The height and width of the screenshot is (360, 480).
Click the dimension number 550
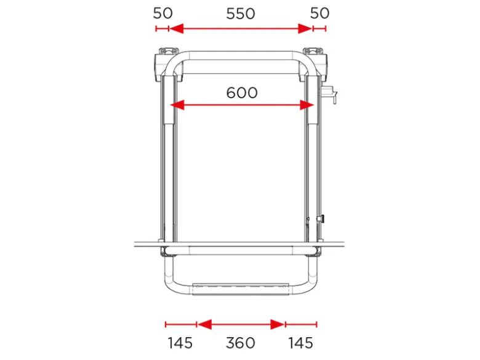(x=240, y=14)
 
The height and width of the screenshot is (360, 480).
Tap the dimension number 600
(x=242, y=93)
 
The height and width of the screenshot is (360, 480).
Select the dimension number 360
(x=241, y=343)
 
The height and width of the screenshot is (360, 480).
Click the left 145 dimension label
(x=180, y=343)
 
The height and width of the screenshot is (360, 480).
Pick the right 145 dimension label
(x=300, y=343)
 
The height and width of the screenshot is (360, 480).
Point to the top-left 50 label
(x=163, y=13)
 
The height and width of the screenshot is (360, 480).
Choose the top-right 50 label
(x=320, y=13)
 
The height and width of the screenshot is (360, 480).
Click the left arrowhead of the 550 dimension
(x=177, y=29)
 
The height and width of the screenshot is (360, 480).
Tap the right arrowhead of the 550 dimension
(x=305, y=29)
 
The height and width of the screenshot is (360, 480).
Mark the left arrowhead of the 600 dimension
(x=177, y=105)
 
